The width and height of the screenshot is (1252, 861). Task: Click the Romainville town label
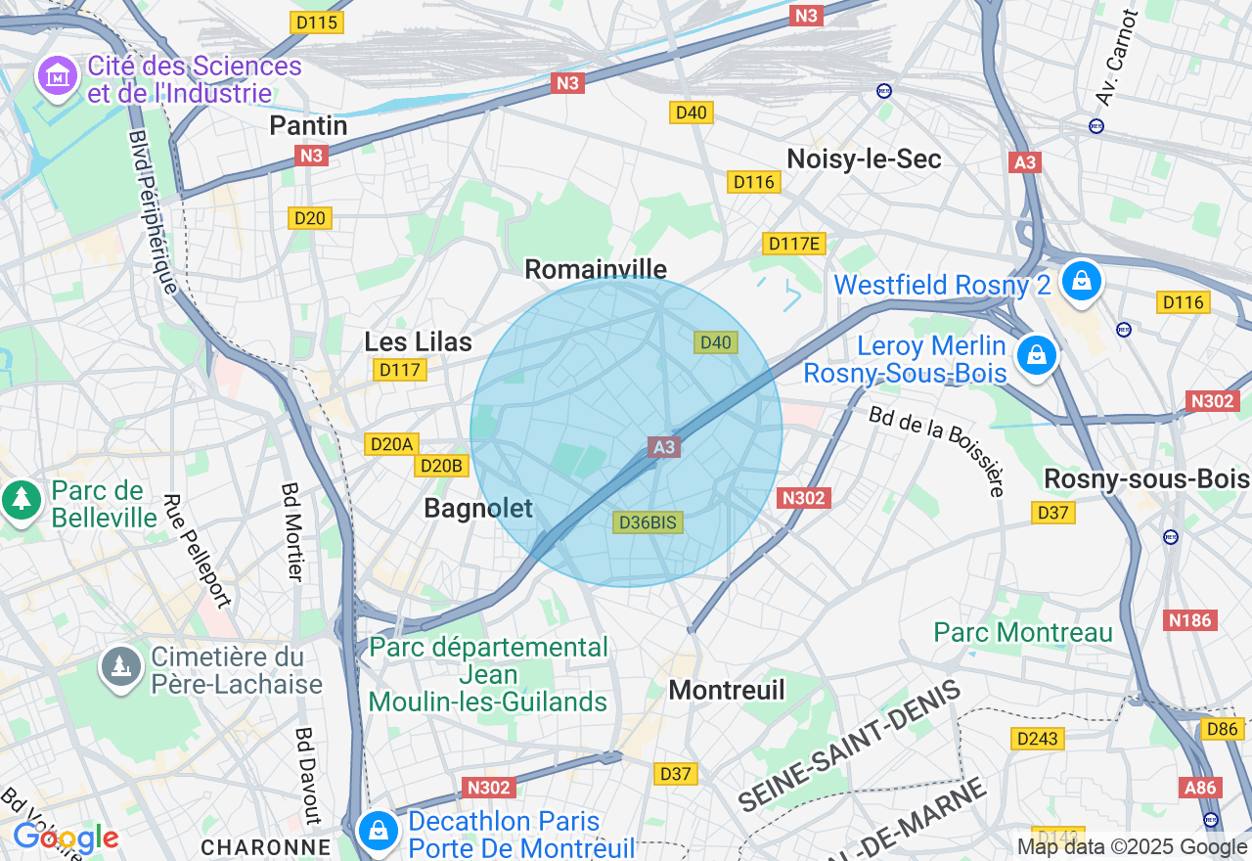596,269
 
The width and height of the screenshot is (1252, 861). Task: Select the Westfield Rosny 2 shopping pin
1081,281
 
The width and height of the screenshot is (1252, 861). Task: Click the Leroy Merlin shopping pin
1036,355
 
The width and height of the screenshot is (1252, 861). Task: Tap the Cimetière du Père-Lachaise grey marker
121,667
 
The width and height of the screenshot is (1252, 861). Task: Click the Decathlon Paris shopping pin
378,832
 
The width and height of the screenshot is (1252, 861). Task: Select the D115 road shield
315,22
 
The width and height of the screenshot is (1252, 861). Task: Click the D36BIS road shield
648,522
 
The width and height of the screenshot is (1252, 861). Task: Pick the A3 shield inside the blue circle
663,447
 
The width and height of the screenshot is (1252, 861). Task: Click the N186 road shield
1189,620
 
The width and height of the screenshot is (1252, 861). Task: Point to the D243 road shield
1037,739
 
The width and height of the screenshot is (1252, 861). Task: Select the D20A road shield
391,444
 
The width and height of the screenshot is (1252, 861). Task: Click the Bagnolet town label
478,508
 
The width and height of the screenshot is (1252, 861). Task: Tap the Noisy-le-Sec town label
864,159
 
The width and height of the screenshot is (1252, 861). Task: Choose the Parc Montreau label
1023,632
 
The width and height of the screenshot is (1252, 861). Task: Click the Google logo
66,838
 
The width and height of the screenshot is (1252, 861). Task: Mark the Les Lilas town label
418,341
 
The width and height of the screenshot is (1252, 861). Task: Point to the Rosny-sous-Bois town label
1146,478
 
